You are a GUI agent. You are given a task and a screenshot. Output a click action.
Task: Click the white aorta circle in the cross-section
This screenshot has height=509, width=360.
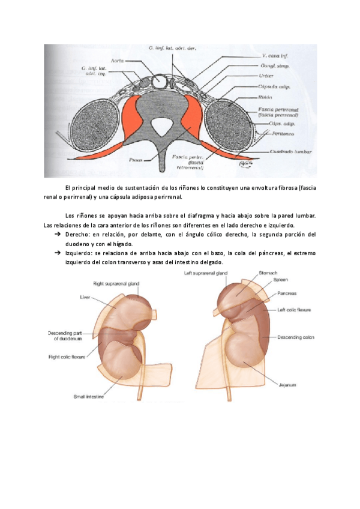161,80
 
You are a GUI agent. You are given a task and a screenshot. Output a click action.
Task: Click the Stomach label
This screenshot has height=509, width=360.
268,273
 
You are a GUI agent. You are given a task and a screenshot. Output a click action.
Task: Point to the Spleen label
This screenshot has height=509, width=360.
281,280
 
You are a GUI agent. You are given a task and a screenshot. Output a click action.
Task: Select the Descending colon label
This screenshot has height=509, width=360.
296,337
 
